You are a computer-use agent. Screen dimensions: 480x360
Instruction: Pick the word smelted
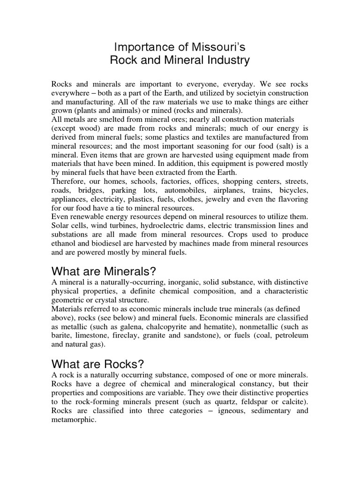117,120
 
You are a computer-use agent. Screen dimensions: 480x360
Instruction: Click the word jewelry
216,200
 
